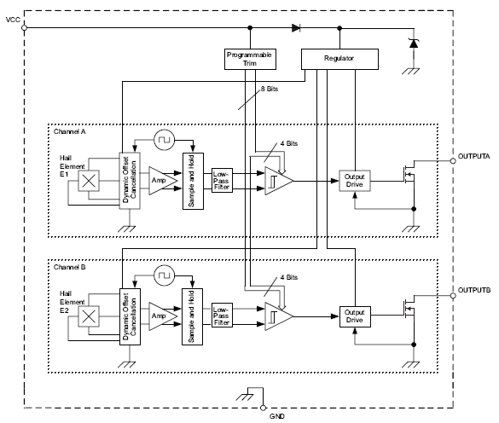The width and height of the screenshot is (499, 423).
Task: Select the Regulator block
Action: click(339, 59)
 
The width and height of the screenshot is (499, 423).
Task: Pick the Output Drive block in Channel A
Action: click(354, 181)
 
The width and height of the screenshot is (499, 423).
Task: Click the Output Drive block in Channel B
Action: click(354, 316)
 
